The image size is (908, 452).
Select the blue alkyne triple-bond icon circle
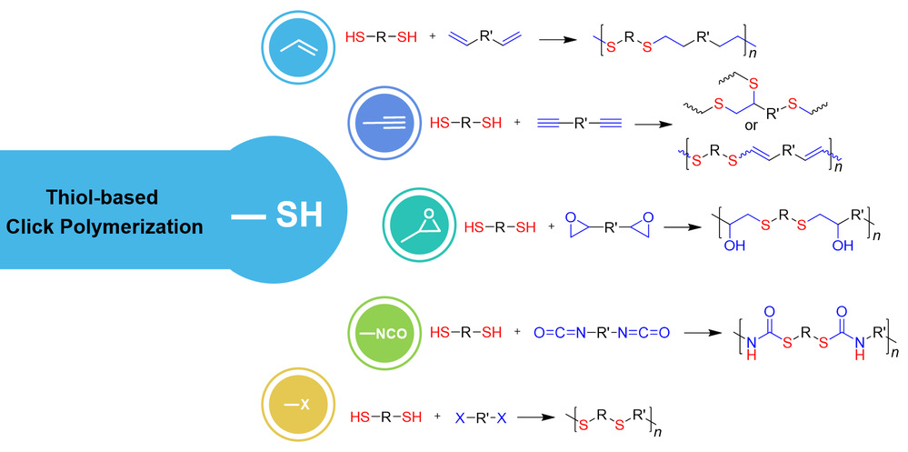pyautogui.click(x=384, y=122)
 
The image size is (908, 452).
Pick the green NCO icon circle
pyautogui.click(x=384, y=333)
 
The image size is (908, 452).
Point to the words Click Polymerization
pyautogui.click(x=104, y=226)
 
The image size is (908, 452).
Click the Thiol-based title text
pyautogui.click(x=104, y=196)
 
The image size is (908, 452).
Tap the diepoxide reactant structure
pyautogui.click(x=605, y=225)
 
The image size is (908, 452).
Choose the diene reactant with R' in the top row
pyautogui.click(x=486, y=38)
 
